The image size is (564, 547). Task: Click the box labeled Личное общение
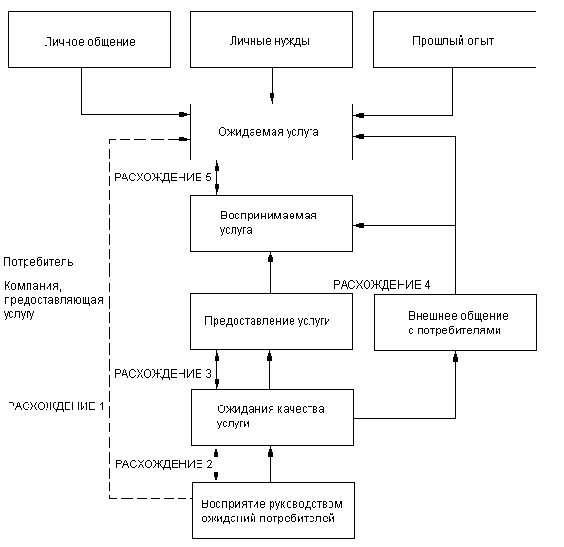click(89, 40)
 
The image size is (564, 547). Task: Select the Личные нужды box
click(272, 40)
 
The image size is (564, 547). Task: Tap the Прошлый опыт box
click(455, 40)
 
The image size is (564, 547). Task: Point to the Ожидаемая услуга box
click(272, 132)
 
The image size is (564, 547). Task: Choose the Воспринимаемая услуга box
click(272, 223)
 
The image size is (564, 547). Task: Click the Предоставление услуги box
click(272, 322)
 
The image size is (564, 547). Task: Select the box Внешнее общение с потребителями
click(456, 323)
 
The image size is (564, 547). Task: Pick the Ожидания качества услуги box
click(273, 418)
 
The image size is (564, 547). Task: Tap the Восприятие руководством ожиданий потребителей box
click(273, 511)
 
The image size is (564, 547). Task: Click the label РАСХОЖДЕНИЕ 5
click(162, 178)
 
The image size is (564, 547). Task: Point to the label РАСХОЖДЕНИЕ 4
click(382, 285)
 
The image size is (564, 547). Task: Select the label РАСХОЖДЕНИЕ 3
click(162, 374)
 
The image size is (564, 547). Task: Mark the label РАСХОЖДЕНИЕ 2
click(163, 464)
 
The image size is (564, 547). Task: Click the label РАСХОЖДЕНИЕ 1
click(56, 406)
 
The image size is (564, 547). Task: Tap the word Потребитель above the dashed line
click(38, 262)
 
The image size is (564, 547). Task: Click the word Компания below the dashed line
click(32, 286)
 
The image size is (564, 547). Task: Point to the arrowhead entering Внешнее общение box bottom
click(456, 357)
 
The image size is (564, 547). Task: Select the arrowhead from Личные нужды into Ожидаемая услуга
click(272, 98)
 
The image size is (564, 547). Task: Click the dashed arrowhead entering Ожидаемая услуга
click(184, 139)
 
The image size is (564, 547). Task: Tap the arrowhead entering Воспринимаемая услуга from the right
click(359, 226)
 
